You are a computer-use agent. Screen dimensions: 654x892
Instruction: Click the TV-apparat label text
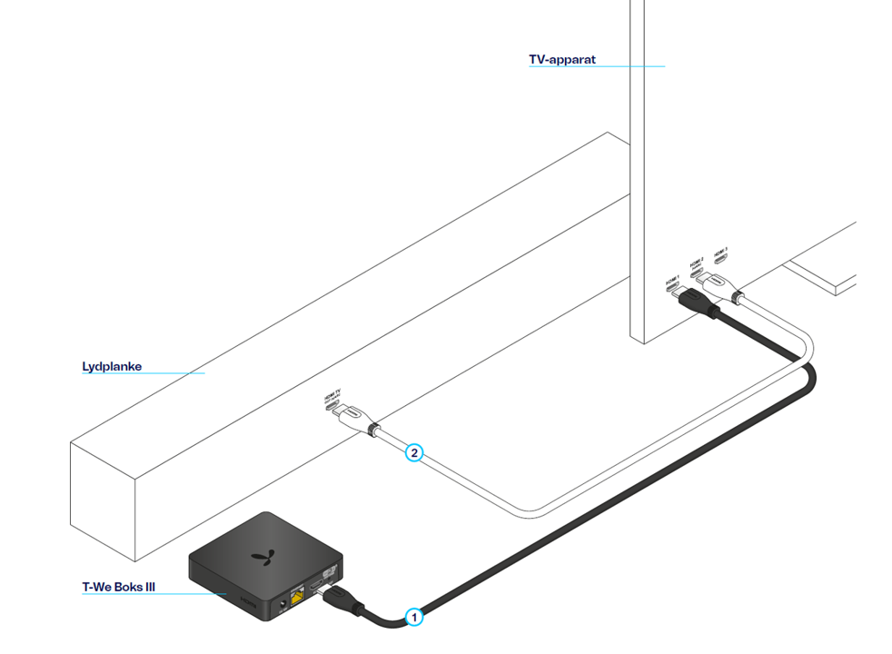pos(563,60)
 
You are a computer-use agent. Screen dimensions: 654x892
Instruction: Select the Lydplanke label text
pos(112,367)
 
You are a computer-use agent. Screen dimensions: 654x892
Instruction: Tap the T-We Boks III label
pos(118,587)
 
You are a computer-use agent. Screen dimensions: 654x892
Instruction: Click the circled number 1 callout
pos(414,617)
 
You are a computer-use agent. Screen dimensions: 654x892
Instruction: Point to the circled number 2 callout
pos(413,451)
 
